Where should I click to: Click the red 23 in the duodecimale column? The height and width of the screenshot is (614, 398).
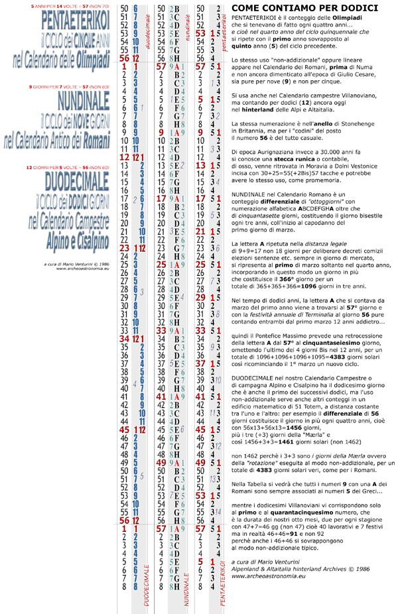[123, 247]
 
